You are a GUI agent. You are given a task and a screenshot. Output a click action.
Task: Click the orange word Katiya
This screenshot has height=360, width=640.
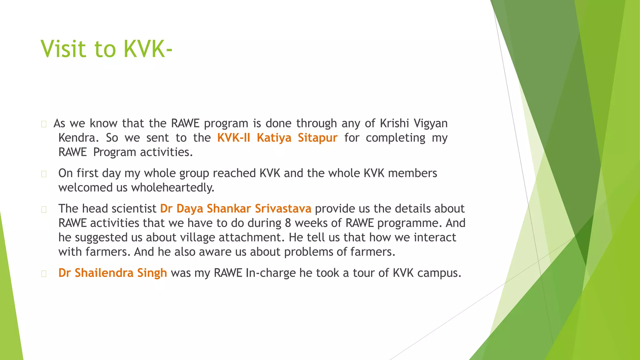[x=274, y=138]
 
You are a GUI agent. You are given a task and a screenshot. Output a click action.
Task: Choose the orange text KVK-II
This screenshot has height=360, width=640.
[x=233, y=138]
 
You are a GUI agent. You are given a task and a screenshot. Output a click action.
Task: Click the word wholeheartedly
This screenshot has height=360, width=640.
[x=172, y=188]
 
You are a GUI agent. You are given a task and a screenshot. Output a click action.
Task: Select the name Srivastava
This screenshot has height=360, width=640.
[x=283, y=208]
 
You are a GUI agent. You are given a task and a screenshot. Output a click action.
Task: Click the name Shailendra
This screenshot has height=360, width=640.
[x=104, y=273]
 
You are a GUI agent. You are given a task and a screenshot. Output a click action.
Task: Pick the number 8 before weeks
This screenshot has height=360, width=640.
[x=288, y=223]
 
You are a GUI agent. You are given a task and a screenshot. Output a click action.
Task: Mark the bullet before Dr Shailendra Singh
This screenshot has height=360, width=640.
[x=44, y=274]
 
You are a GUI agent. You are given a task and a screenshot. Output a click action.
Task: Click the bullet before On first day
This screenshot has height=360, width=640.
[x=44, y=174]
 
